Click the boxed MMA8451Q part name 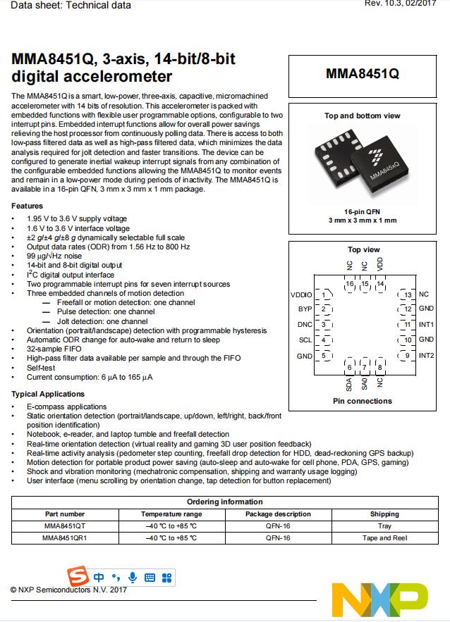pyautogui.click(x=362, y=73)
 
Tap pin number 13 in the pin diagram pyautogui.click(x=407, y=294)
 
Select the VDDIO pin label pyautogui.click(x=301, y=294)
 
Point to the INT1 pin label pyautogui.click(x=426, y=325)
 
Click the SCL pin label pyautogui.click(x=305, y=340)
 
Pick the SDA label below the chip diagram pyautogui.click(x=349, y=385)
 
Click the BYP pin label pyautogui.click(x=305, y=309)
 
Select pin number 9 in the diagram pyautogui.click(x=407, y=356)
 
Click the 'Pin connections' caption pyautogui.click(x=362, y=402)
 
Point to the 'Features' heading pyautogui.click(x=27, y=206)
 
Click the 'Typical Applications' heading pyautogui.click(x=48, y=394)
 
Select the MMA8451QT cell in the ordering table pyautogui.click(x=65, y=525)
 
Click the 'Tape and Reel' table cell pyautogui.click(x=384, y=538)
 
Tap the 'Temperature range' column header pyautogui.click(x=171, y=514)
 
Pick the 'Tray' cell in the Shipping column pyautogui.click(x=384, y=525)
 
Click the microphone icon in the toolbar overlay pyautogui.click(x=132, y=578)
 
